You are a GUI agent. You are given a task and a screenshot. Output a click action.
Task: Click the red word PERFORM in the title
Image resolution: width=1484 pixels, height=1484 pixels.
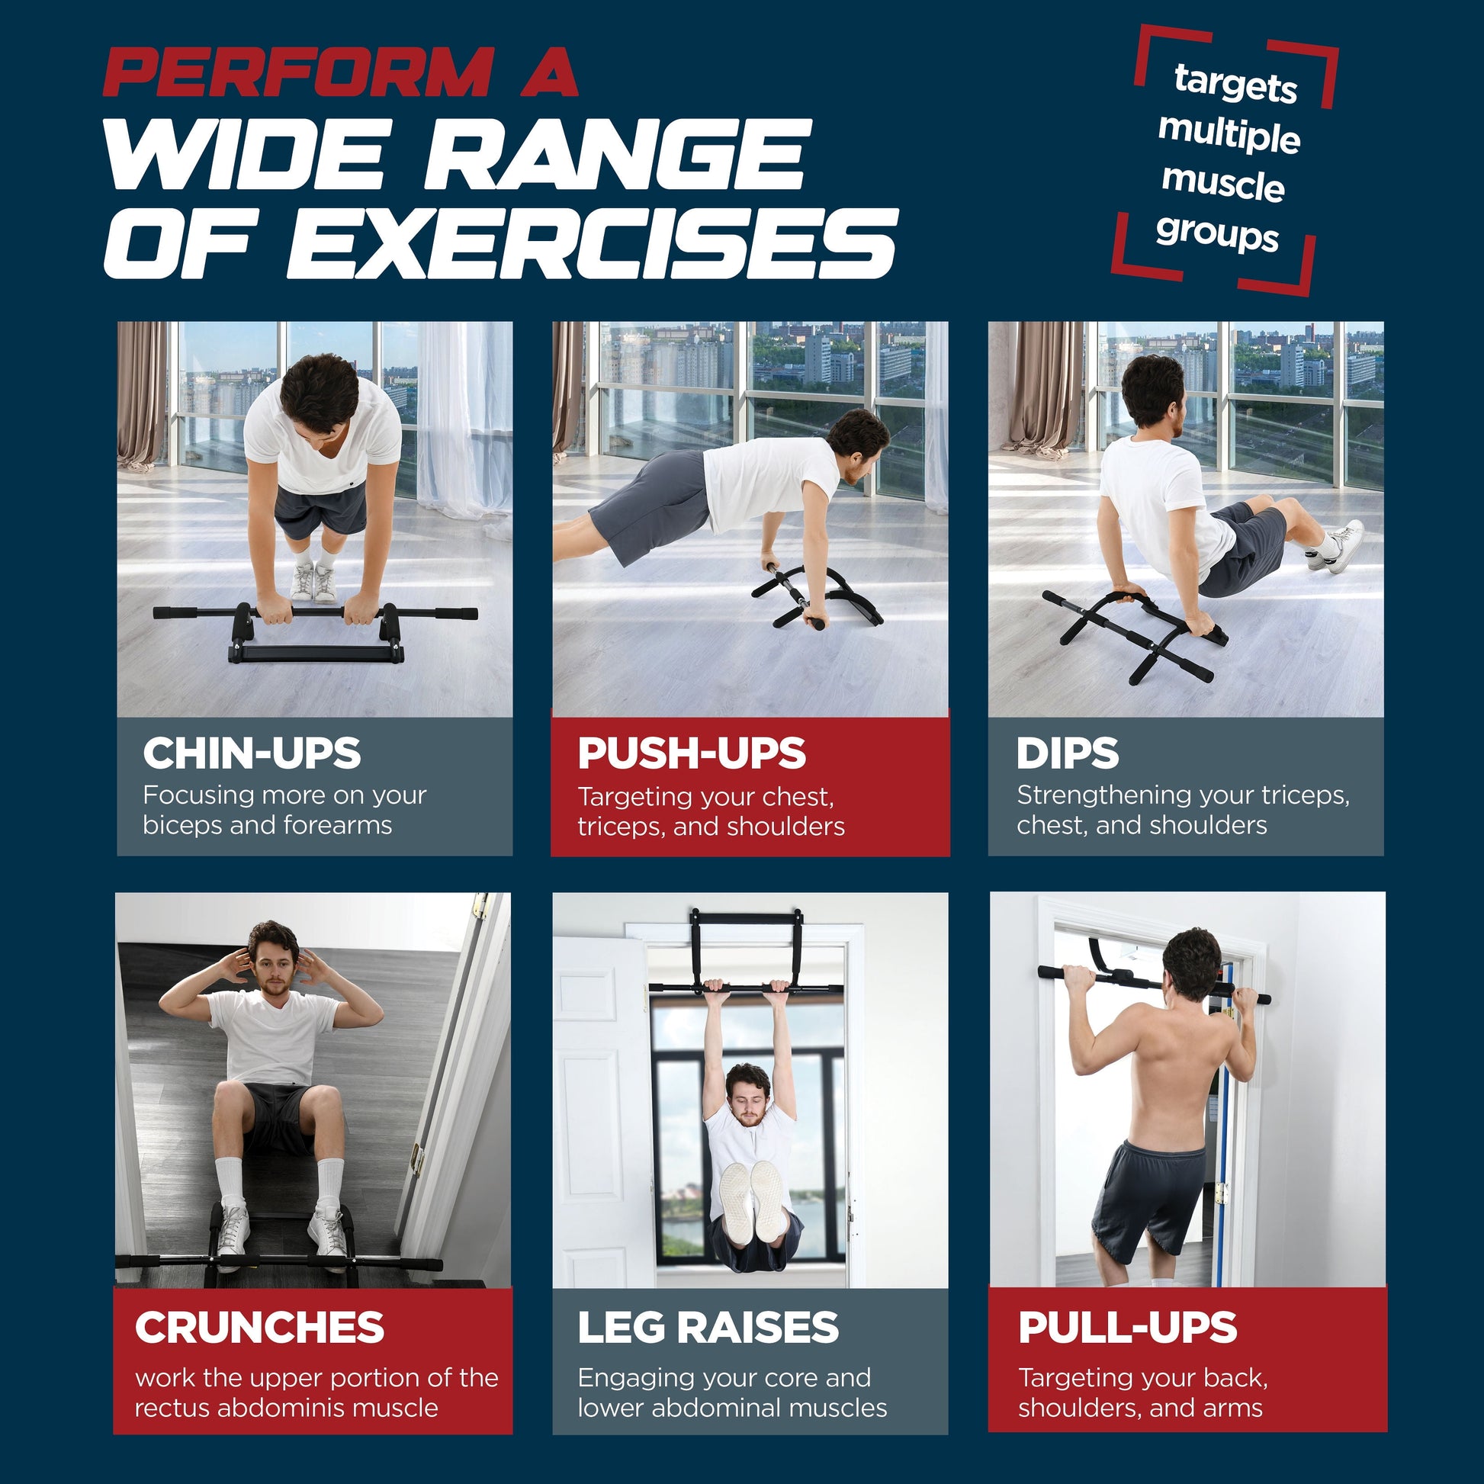298,73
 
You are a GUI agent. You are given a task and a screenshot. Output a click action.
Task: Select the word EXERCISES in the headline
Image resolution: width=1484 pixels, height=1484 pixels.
592,244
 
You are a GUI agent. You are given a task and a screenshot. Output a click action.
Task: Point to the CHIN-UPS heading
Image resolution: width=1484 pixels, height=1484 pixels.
252,753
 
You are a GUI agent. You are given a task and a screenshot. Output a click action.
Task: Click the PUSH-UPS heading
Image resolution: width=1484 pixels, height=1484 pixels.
692,753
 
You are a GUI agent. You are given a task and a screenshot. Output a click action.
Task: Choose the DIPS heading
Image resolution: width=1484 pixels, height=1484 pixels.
1067,753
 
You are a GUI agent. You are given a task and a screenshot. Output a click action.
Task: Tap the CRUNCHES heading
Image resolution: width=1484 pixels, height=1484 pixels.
259,1328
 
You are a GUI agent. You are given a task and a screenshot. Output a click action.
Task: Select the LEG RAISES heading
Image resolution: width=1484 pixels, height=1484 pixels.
708,1328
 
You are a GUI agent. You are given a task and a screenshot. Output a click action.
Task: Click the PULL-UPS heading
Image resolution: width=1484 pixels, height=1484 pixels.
1128,1328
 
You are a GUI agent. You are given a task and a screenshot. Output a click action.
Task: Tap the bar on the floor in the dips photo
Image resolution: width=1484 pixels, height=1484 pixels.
1129,634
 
